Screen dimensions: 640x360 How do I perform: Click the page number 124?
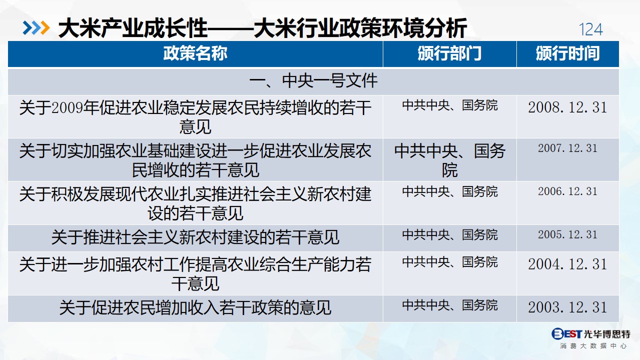(590, 29)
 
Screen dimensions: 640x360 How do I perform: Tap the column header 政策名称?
(195, 53)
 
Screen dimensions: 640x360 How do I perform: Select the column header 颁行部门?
(449, 53)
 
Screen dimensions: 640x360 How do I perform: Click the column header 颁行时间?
(567, 53)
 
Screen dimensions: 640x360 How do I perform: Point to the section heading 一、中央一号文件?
(313, 81)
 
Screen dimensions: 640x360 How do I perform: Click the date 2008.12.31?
(567, 107)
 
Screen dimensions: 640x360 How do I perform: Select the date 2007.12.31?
(567, 148)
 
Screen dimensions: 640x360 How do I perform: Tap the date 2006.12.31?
(567, 191)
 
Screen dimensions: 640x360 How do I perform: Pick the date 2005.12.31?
(567, 234)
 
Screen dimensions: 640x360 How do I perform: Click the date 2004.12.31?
(567, 264)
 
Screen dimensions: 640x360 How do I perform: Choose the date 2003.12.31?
(567, 307)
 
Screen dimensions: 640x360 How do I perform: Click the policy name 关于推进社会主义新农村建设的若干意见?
(195, 237)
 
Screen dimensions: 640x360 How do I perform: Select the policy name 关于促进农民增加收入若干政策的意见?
(195, 308)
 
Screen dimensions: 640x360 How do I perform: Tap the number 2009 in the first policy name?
(67, 107)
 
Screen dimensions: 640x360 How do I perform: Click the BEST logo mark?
(566, 333)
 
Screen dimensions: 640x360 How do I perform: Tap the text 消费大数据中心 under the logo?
(593, 346)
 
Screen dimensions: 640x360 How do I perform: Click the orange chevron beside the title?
(45, 28)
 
